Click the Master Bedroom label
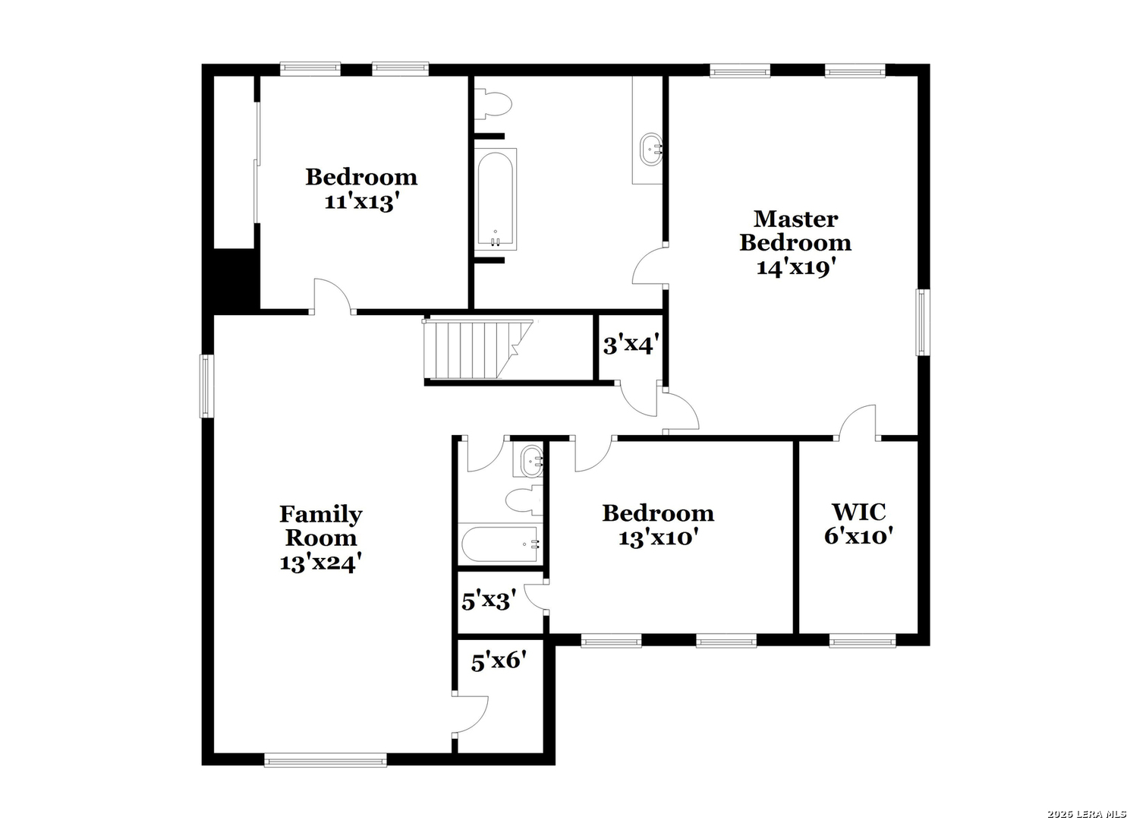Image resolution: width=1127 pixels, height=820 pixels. pos(795,231)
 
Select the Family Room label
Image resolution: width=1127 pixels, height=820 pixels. pos(321,526)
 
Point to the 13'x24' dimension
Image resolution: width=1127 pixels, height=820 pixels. pos(321,563)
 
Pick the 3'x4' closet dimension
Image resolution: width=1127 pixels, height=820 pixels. pos(631,345)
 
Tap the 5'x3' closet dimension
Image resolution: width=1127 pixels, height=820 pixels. pos(489,601)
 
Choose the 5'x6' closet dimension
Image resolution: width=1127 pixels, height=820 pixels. pos(499,661)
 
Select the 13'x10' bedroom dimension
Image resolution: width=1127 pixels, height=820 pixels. pos(658,538)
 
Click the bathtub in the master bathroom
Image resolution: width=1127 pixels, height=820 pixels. pos(496,200)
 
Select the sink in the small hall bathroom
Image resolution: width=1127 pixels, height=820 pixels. pos(531,461)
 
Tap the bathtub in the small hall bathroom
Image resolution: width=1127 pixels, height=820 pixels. pos(501,544)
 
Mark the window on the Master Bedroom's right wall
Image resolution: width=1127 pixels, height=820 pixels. pos(922,322)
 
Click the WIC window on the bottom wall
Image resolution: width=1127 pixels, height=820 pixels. pos(862,641)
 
